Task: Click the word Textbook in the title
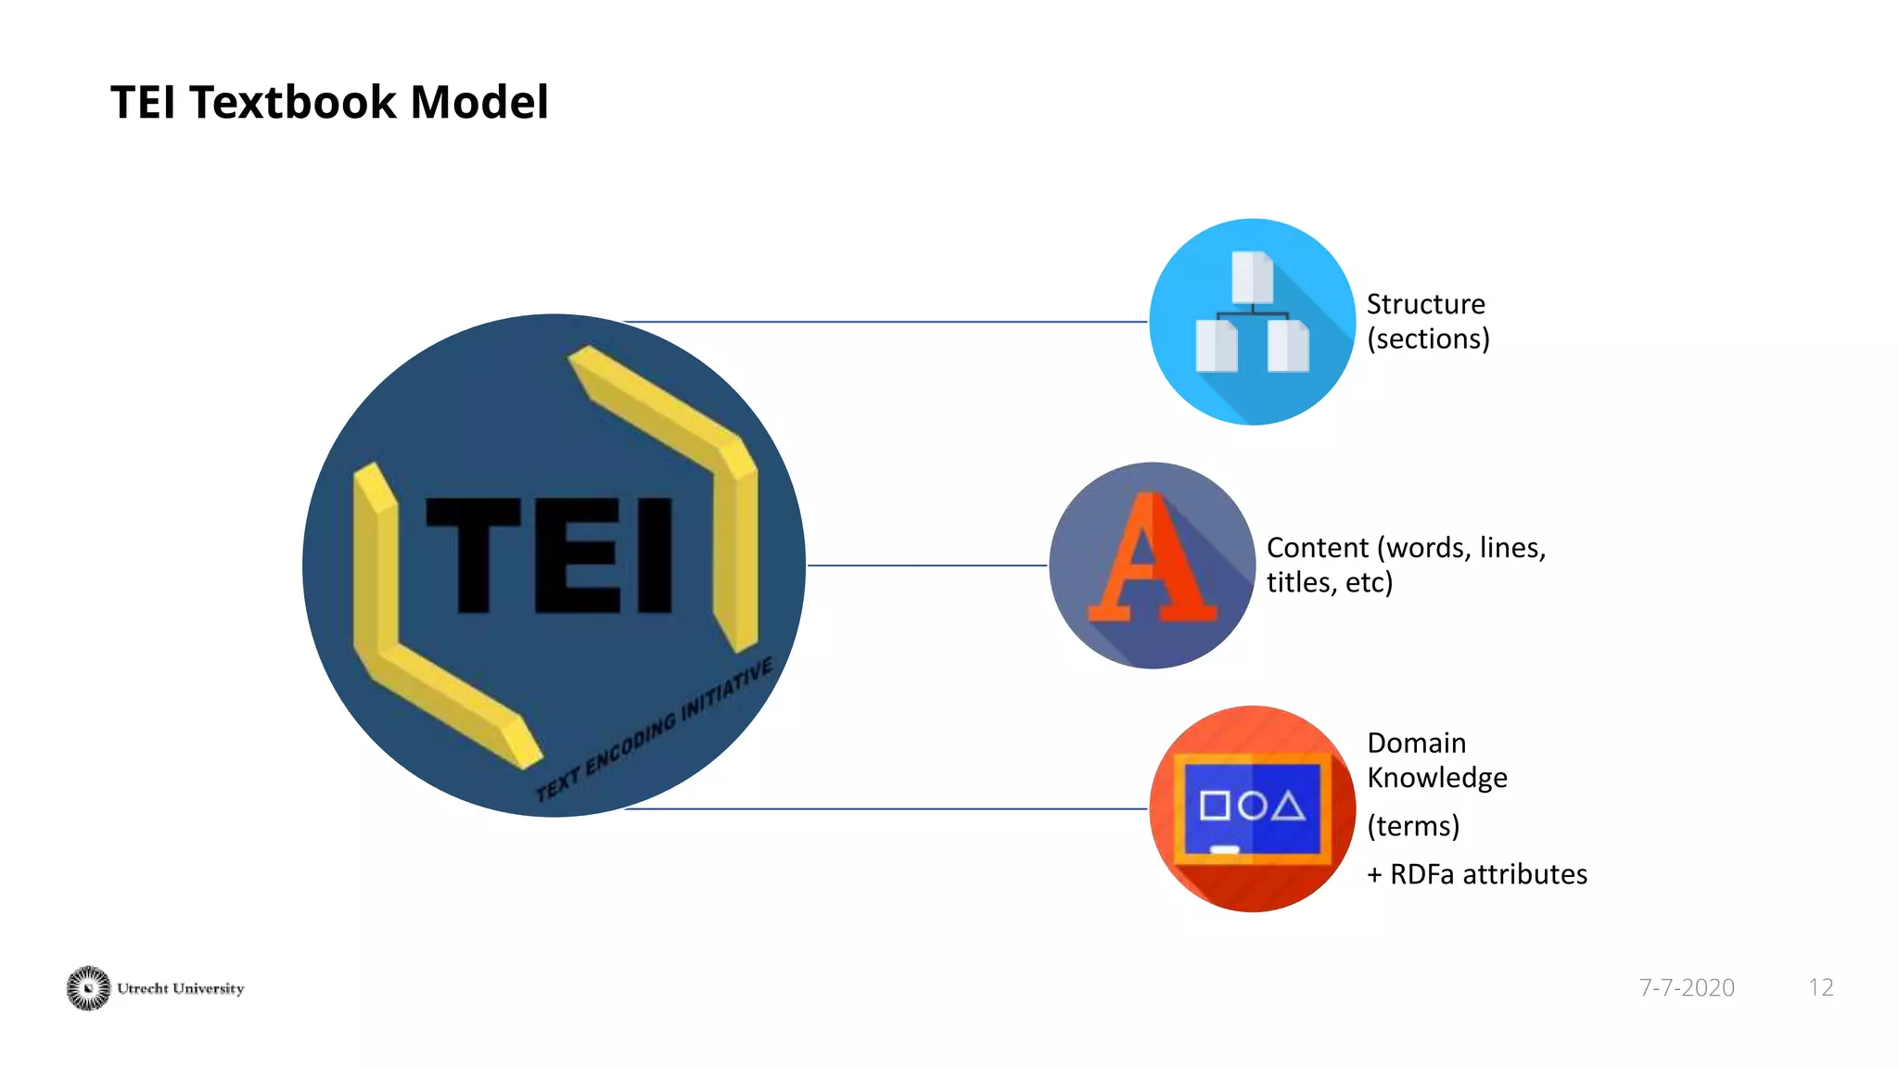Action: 293,102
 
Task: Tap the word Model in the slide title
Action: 479,102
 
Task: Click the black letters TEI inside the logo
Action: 549,554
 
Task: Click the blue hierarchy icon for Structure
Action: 1252,322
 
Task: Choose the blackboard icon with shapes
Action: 1252,808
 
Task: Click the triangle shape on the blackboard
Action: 1288,807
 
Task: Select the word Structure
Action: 1425,304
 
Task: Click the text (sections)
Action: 1428,338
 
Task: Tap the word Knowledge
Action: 1436,778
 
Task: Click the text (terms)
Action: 1413,825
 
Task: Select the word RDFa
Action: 1422,874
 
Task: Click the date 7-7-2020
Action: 1686,987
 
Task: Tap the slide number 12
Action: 1820,987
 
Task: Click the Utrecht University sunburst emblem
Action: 88,988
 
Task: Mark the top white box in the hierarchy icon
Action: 1252,276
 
